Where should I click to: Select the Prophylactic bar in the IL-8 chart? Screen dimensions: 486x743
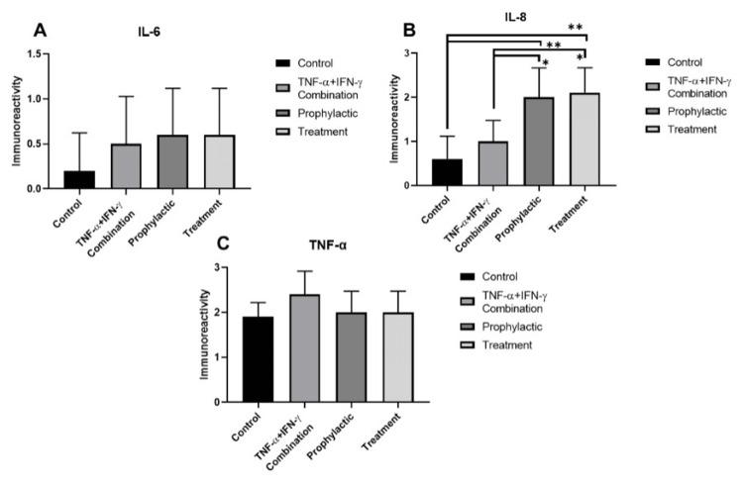[x=539, y=141]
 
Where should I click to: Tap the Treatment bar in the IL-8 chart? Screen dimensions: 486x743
[x=584, y=139]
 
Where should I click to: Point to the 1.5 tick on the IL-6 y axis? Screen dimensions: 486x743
[x=44, y=54]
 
